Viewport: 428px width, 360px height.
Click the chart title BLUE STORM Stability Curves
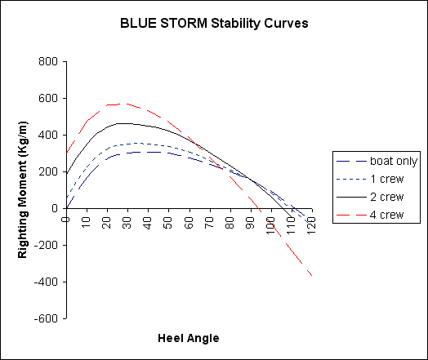pos(214,23)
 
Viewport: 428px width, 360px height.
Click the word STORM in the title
pos(184,23)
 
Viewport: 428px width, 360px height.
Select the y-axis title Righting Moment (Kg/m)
pos(23,189)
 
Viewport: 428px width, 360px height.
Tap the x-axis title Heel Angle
pos(189,338)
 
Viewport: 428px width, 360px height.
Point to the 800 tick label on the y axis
pos(48,61)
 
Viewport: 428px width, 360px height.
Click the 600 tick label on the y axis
pos(48,98)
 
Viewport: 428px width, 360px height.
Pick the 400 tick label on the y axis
pos(48,135)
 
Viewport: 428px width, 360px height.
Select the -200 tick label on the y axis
pos(46,245)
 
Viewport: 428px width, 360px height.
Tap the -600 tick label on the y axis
pos(46,318)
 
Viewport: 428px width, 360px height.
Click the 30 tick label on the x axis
pos(127,223)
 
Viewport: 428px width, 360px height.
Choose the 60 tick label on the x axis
pos(189,223)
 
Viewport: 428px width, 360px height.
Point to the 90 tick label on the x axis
pos(250,223)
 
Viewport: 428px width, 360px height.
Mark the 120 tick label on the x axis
pos(311,225)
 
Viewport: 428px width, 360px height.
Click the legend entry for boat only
pos(377,161)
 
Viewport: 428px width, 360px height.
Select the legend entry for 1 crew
pos(370,179)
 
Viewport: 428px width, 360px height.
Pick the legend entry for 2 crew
pos(370,197)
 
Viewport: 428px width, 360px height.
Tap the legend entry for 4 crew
pos(370,215)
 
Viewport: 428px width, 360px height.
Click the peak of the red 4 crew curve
pos(122,104)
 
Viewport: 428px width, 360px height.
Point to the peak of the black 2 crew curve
pos(122,123)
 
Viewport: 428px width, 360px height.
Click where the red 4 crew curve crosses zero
pos(260,209)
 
